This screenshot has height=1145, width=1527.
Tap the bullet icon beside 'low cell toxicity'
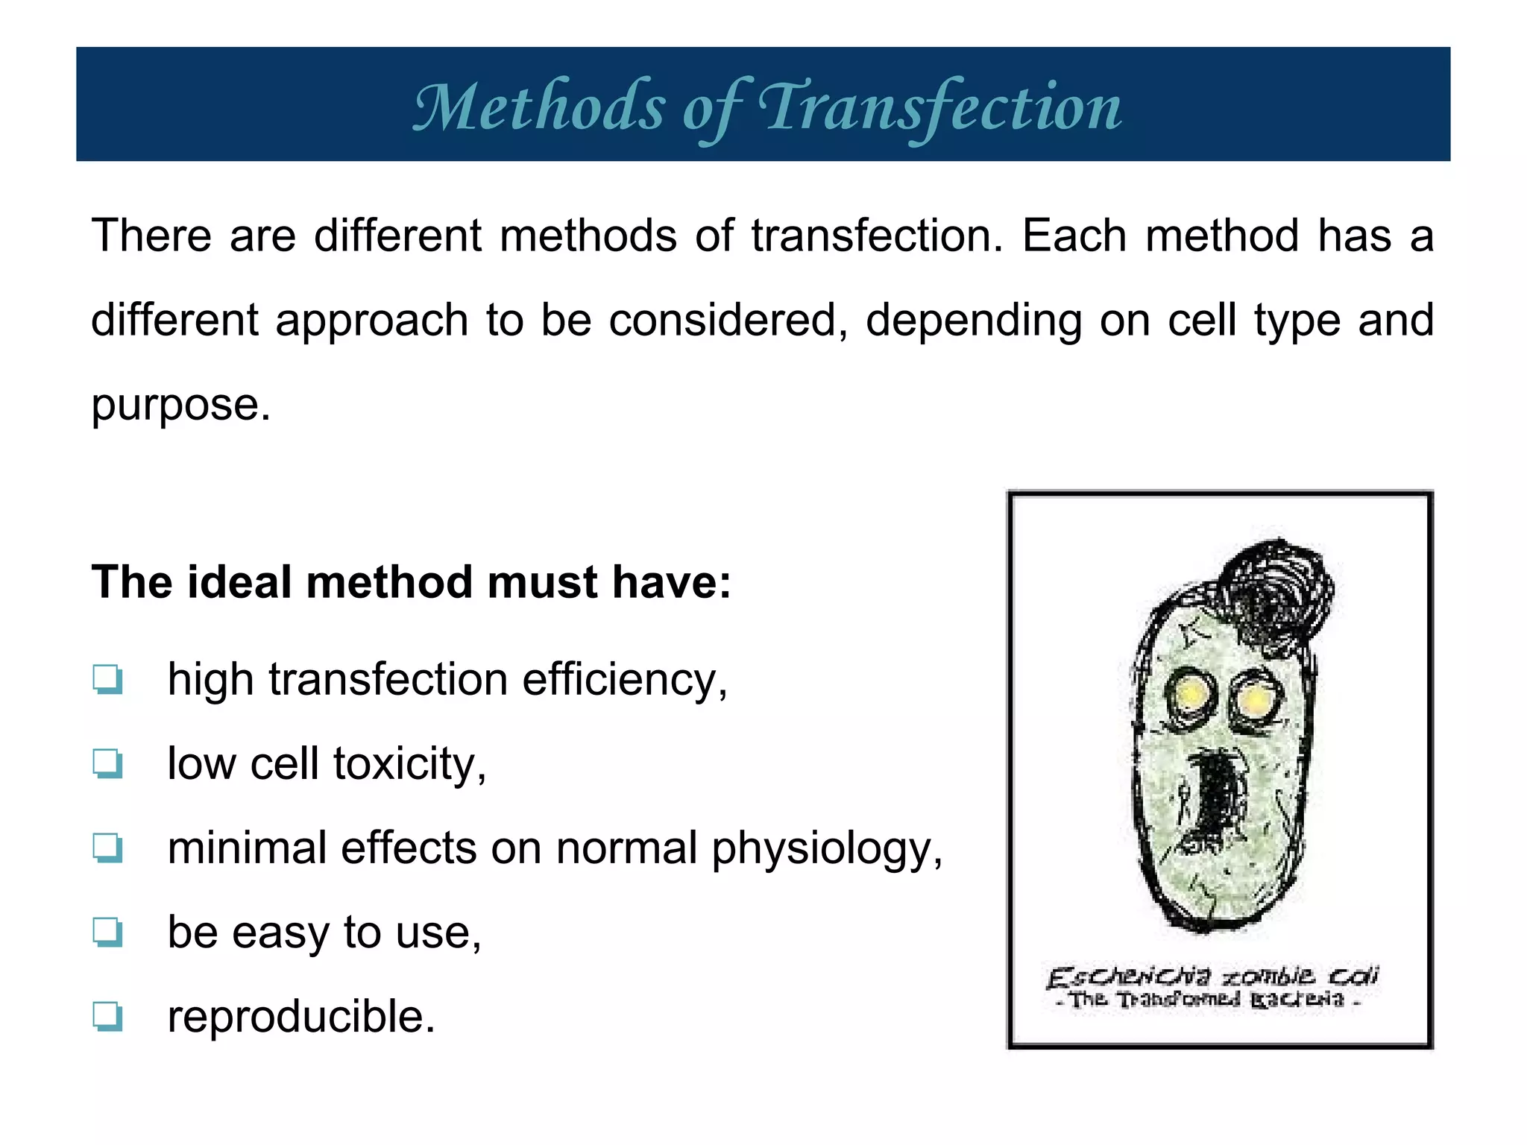click(108, 763)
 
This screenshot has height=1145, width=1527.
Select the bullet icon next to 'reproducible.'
click(108, 1016)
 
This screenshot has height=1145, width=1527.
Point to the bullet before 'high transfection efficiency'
click(108, 679)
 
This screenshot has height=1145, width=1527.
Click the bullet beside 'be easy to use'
click(108, 932)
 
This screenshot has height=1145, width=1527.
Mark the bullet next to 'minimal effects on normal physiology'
click(108, 848)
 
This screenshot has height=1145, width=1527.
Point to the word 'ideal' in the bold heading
click(239, 582)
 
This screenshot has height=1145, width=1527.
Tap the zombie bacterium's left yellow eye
click(1190, 695)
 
